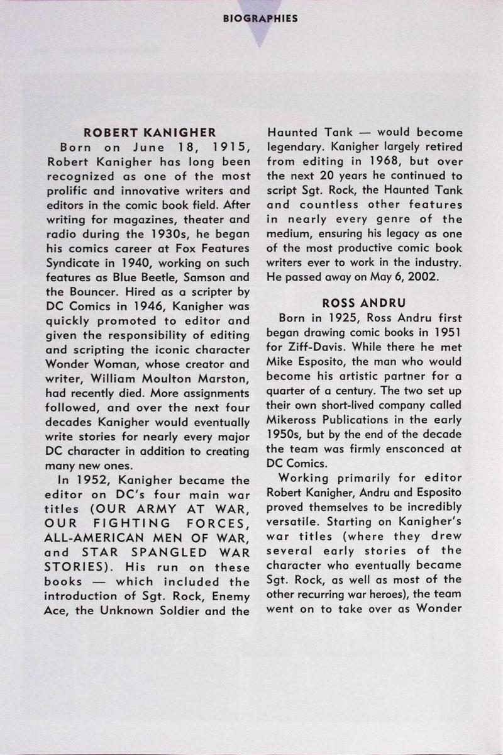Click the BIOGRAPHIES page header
[x=260, y=18]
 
